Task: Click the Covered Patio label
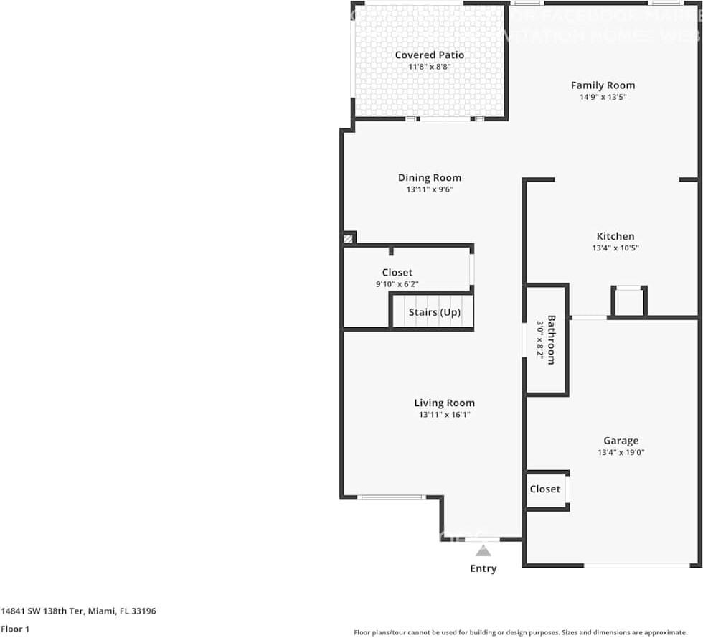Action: (429, 55)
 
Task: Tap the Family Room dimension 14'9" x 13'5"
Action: (603, 97)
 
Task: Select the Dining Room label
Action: (430, 178)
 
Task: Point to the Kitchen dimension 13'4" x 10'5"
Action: (615, 248)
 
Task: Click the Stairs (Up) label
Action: (435, 313)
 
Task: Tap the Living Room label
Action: (444, 403)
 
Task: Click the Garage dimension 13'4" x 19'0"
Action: (621, 453)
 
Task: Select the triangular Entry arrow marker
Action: (483, 551)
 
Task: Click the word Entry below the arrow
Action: (483, 569)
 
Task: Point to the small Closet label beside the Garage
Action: (545, 489)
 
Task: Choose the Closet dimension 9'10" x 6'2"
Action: (397, 284)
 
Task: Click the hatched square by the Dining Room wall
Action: (349, 238)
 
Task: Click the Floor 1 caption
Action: (15, 629)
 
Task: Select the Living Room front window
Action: (391, 497)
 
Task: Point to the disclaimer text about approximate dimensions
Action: (521, 632)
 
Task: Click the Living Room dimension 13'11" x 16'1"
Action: (444, 415)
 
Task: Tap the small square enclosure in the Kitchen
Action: (629, 301)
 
